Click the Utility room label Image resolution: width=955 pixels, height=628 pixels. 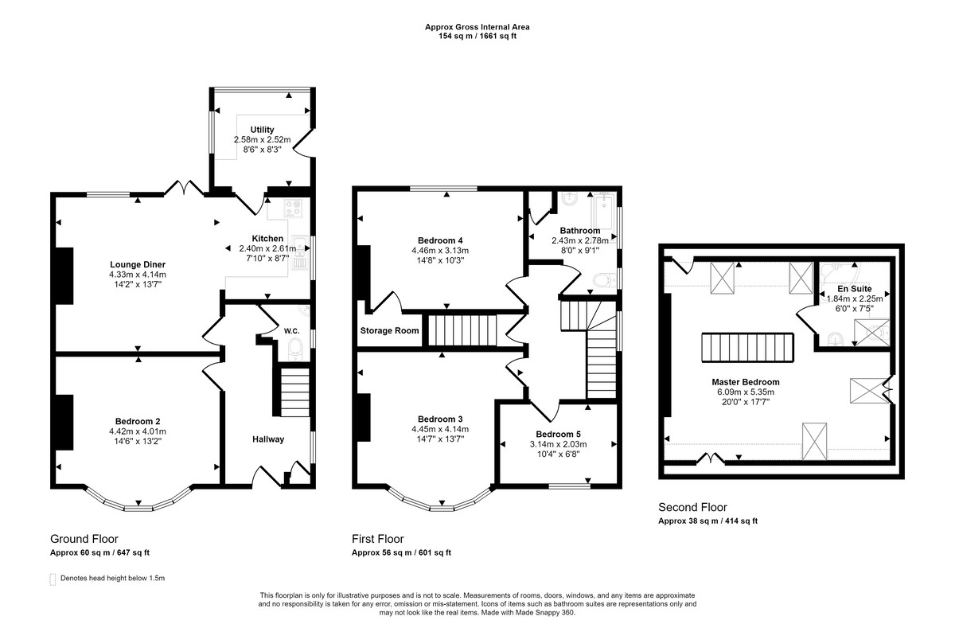click(x=262, y=130)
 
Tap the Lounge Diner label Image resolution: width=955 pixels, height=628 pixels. click(x=137, y=264)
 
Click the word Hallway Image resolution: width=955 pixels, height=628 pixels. click(x=268, y=439)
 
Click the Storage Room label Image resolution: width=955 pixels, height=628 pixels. click(x=390, y=330)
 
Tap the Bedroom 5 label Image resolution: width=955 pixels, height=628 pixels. click(x=557, y=434)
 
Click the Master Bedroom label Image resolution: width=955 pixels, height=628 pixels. click(x=745, y=382)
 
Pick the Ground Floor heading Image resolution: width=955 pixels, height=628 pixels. click(x=84, y=539)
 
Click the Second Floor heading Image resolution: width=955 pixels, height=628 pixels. click(x=692, y=507)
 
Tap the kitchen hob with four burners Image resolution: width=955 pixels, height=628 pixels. click(x=291, y=209)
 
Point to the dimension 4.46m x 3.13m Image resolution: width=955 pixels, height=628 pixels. click(x=440, y=250)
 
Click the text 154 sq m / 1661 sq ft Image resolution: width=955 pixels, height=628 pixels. click(x=477, y=37)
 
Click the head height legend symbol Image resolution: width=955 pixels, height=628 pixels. click(x=53, y=579)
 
